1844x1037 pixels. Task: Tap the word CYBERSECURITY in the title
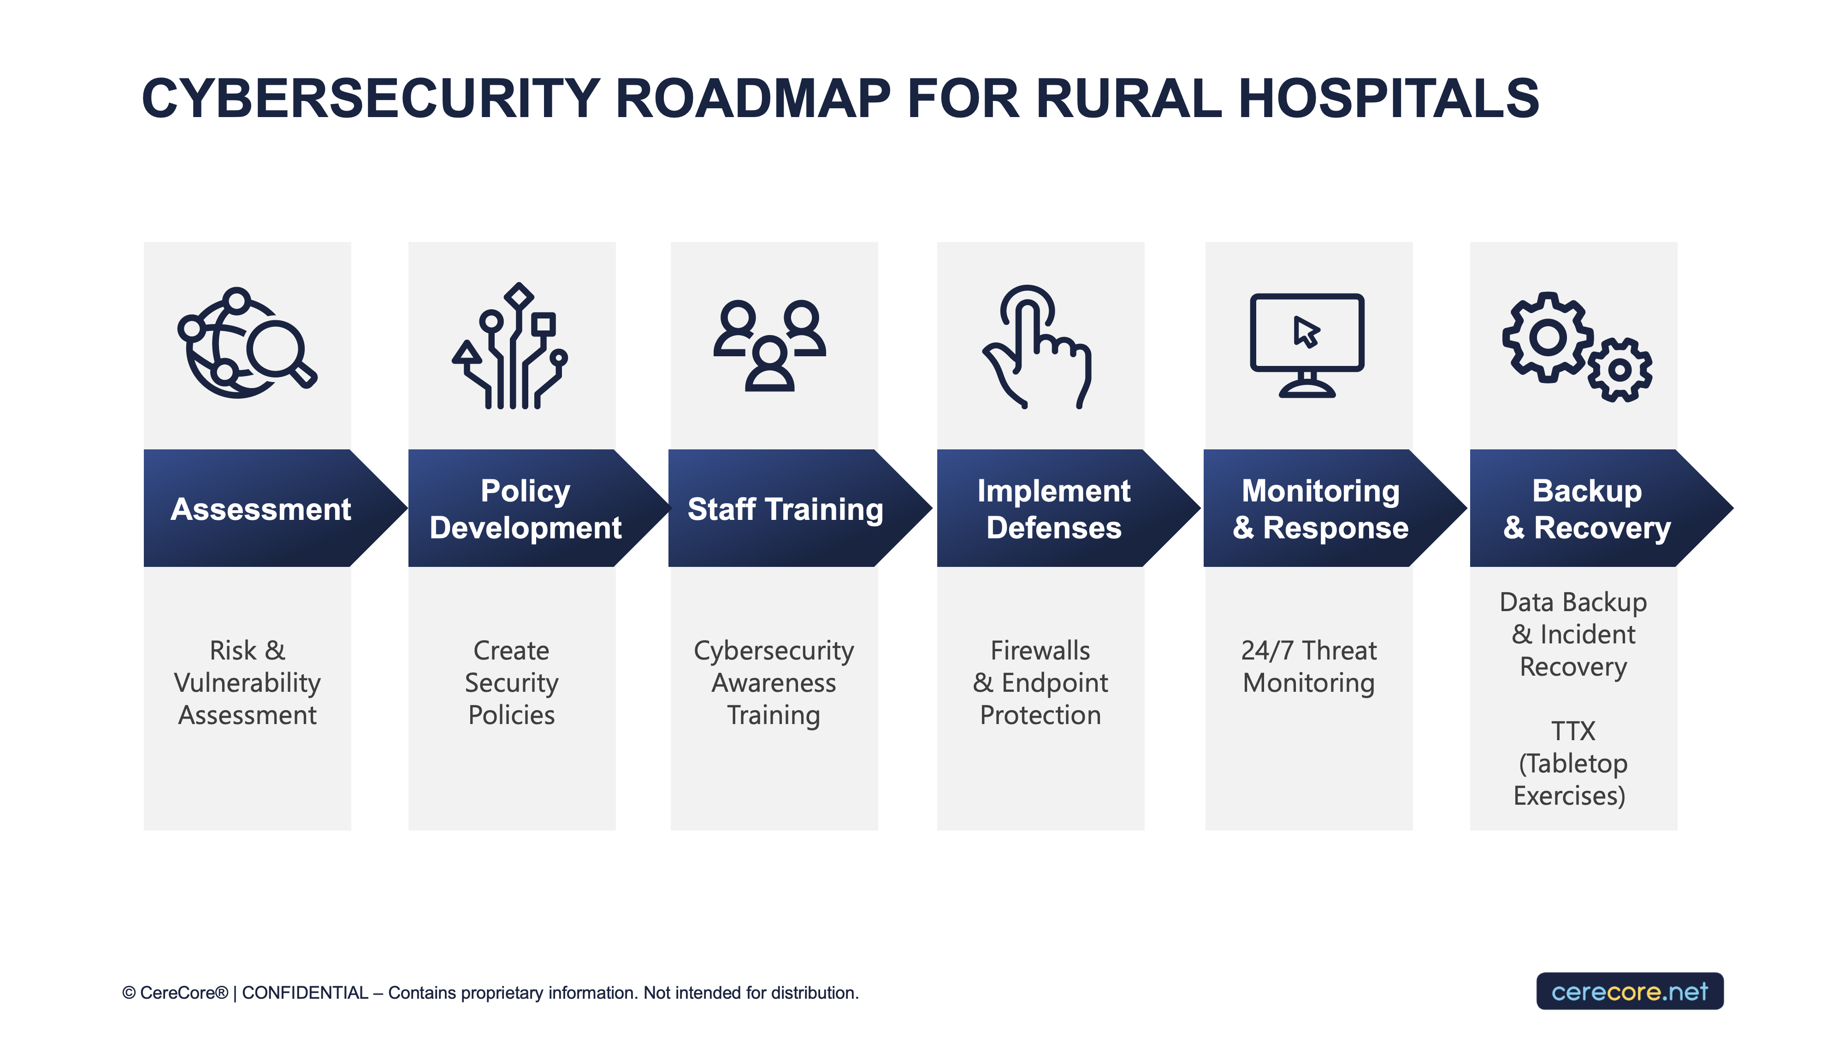pos(371,99)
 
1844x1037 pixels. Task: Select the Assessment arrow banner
pos(261,509)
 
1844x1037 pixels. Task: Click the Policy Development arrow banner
pos(526,509)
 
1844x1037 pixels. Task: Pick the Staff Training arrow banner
pos(785,509)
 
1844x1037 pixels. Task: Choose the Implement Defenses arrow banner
pos(1054,509)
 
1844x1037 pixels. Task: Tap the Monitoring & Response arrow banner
pos(1321,509)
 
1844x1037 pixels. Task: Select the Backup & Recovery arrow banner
pos(1587,509)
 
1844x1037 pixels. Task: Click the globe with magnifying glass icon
pos(246,343)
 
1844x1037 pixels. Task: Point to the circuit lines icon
pos(510,347)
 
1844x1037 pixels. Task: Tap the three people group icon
pos(769,345)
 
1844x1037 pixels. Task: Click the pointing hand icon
pos(1036,347)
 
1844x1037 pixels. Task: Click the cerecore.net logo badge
pos(1629,991)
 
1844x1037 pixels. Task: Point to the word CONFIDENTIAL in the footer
pos(305,993)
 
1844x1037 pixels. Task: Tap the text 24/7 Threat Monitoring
pos(1309,666)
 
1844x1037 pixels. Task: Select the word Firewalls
pos(1040,650)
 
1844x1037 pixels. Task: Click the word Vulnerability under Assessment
pos(247,683)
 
